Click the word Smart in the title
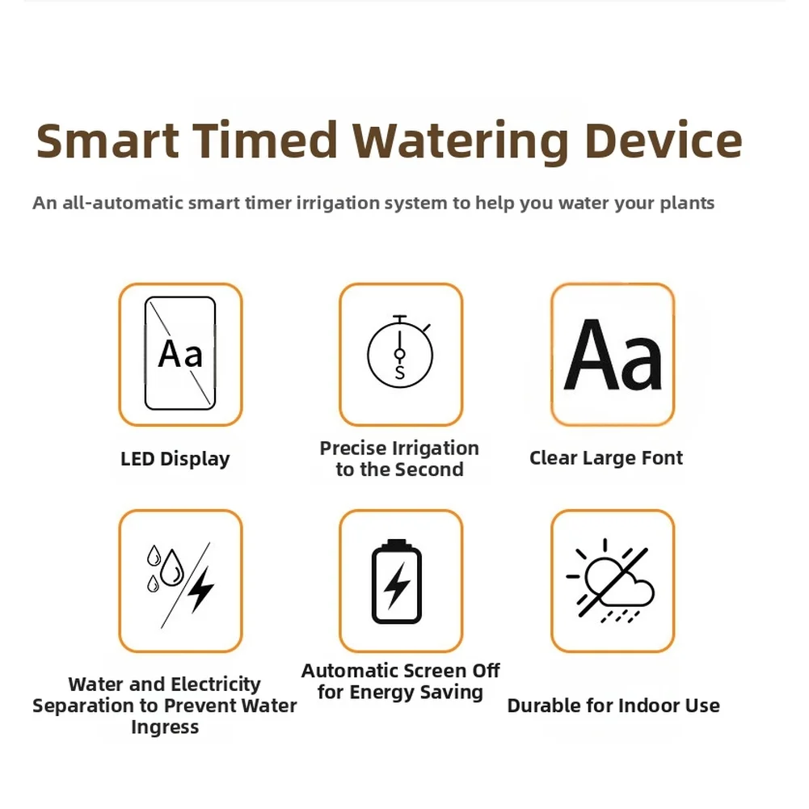click(107, 141)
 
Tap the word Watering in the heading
click(460, 142)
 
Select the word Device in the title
click(664, 141)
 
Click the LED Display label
click(175, 459)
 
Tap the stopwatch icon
click(400, 352)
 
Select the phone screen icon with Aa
click(180, 353)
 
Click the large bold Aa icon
click(613, 355)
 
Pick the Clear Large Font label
click(605, 458)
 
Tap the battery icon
click(396, 581)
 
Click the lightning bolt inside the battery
click(397, 586)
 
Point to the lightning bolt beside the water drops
click(200, 590)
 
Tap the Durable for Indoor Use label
click(613, 706)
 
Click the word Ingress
click(165, 727)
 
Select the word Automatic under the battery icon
click(348, 671)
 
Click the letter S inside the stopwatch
click(400, 372)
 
